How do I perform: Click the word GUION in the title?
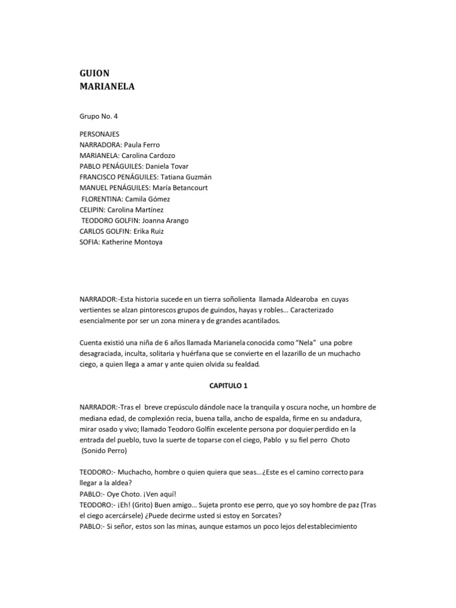coord(94,73)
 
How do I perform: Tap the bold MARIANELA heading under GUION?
coord(107,87)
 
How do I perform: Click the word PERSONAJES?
coord(100,134)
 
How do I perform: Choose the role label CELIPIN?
coord(93,210)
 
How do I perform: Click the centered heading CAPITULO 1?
coord(228,385)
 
